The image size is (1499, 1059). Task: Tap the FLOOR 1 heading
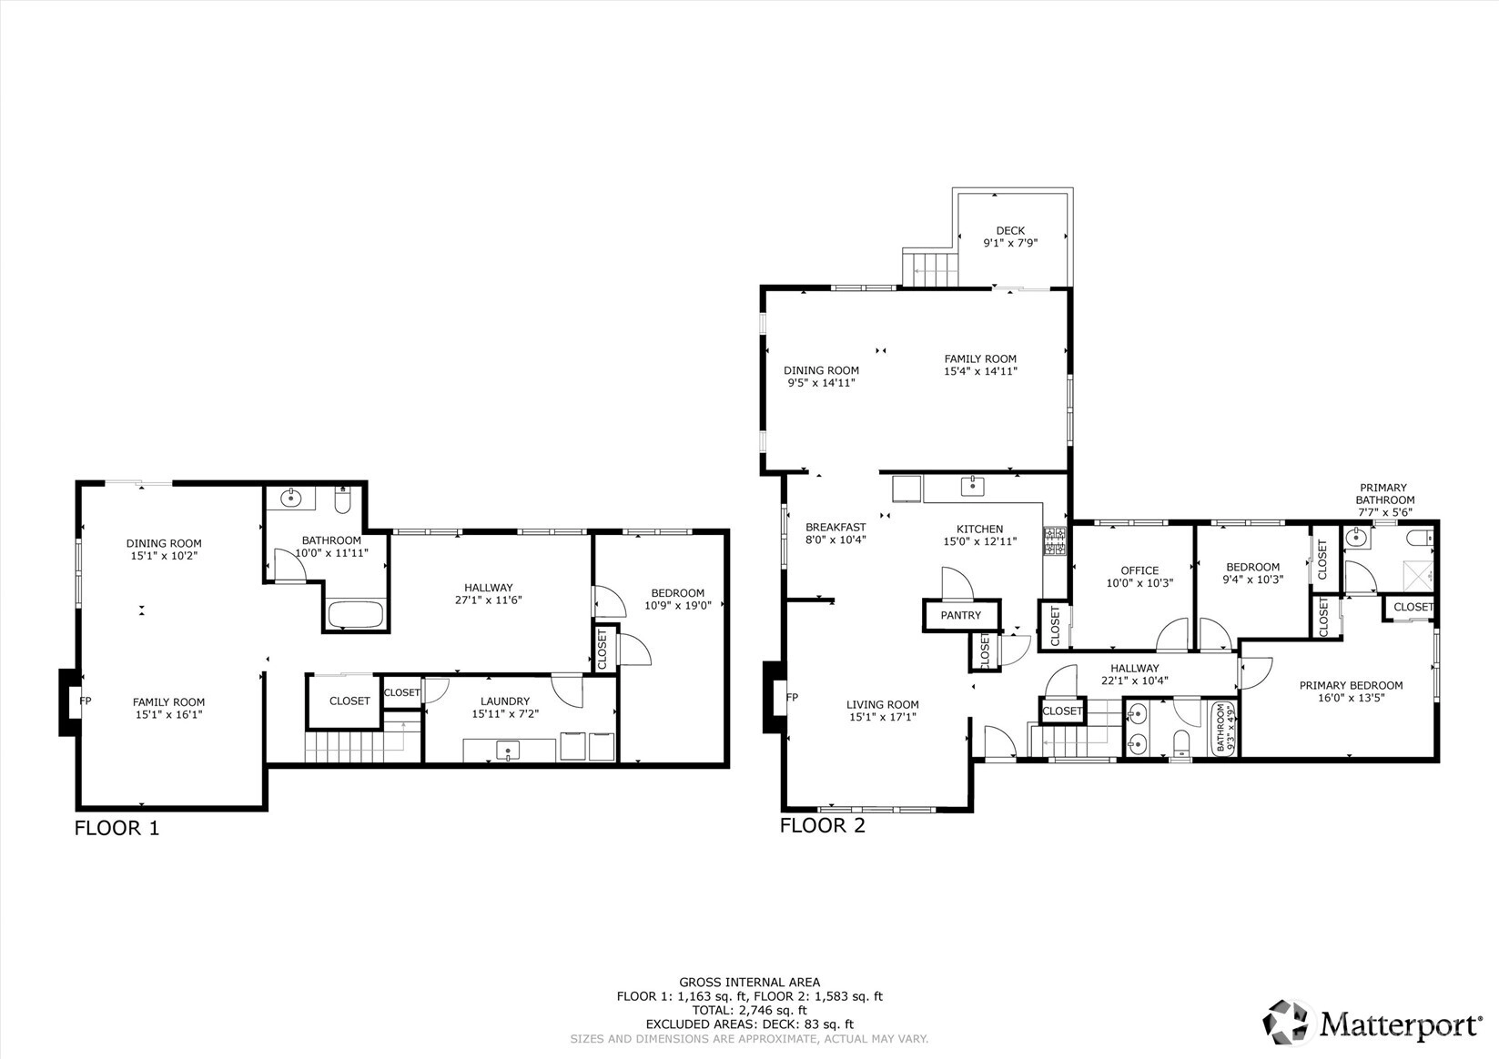[x=116, y=828]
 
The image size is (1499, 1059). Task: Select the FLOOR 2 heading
[x=823, y=825]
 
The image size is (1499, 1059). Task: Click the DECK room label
[x=1010, y=231]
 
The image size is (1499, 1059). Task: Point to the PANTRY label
[x=960, y=615]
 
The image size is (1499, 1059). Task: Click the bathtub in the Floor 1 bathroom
[x=355, y=614]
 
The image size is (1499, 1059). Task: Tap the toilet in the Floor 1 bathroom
[x=342, y=499]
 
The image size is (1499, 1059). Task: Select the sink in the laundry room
[x=508, y=750]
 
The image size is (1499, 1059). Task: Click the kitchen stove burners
[x=1055, y=542]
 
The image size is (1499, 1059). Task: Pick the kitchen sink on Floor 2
[x=972, y=486]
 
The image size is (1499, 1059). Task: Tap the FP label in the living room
[x=792, y=697]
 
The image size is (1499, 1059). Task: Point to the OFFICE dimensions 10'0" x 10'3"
[x=1139, y=582]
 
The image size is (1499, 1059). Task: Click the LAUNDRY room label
[x=504, y=701]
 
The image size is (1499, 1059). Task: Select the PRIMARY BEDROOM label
[x=1352, y=685]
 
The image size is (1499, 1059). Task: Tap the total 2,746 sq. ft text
[x=750, y=1010]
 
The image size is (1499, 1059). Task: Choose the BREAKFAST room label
[x=836, y=527]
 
